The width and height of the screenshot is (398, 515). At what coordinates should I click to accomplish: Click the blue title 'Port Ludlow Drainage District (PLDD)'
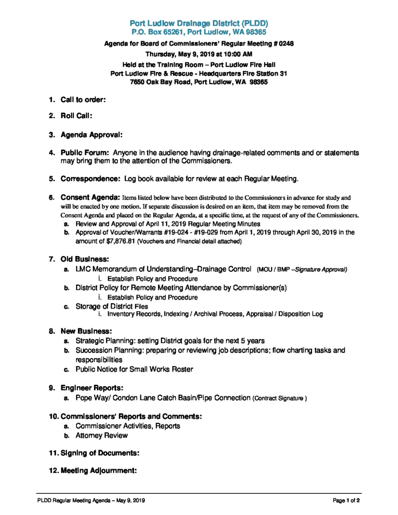(199, 23)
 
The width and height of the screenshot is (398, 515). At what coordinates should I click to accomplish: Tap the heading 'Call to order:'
(83, 100)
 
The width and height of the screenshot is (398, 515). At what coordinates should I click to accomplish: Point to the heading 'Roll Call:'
(76, 116)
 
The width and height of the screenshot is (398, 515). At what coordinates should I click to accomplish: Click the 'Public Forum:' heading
(85, 152)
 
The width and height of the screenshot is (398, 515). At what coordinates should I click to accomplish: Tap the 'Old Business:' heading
(85, 260)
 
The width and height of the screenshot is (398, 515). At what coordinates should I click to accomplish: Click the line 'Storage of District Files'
(112, 306)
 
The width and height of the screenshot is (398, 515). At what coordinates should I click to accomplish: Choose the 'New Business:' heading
(86, 331)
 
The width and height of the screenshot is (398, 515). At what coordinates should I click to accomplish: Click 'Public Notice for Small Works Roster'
(134, 369)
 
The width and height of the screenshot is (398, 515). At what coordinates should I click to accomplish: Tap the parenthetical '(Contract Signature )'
(280, 398)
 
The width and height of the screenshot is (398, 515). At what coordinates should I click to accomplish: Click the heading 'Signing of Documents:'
(100, 453)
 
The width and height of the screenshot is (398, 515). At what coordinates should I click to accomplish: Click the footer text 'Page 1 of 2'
(346, 500)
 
